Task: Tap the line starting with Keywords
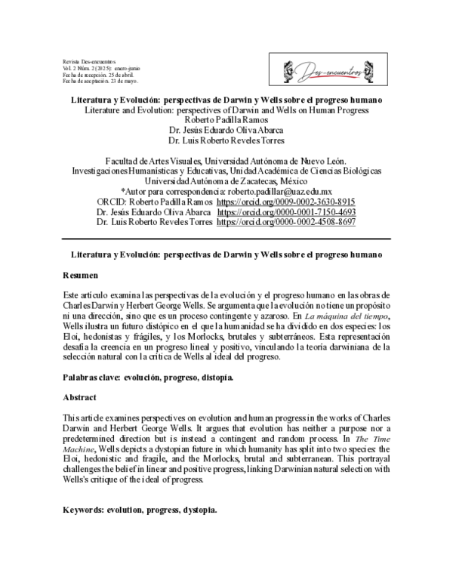pos(140,489)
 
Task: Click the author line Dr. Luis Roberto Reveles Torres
pos(226,140)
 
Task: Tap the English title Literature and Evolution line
pos(226,109)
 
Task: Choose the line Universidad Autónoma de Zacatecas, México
pos(226,182)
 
